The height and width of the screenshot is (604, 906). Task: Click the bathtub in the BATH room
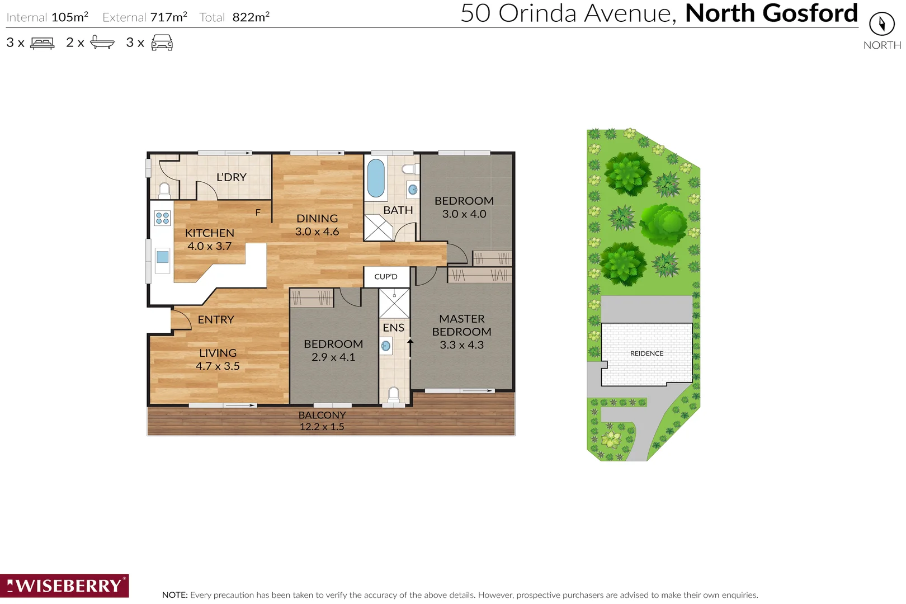(376, 178)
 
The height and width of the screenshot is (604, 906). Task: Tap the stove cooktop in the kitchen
(162, 218)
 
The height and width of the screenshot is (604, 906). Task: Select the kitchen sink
(162, 257)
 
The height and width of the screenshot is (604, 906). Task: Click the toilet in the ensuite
(394, 394)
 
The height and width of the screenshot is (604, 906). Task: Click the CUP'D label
(386, 277)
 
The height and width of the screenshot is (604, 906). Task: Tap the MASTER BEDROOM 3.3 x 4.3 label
(461, 332)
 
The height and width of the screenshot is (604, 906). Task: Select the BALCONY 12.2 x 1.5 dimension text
(322, 427)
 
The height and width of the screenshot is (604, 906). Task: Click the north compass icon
(882, 24)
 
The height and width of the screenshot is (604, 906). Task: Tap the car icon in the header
(162, 43)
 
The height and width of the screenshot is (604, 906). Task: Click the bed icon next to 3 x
(43, 43)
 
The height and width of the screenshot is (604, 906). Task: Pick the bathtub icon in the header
(102, 43)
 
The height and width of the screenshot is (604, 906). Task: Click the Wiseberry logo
(64, 586)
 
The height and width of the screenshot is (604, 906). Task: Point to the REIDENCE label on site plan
(647, 353)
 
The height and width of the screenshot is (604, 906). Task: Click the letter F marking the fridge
(258, 213)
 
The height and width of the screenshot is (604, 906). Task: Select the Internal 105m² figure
(69, 17)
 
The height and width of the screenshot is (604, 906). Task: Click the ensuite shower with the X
(394, 304)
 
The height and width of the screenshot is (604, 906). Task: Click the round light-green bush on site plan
(664, 225)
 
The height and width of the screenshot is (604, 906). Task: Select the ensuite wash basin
(385, 346)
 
